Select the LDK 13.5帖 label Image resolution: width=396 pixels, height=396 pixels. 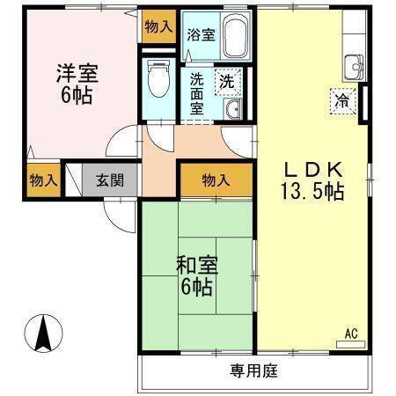tap(312, 180)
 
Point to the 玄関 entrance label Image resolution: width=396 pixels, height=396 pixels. tap(110, 181)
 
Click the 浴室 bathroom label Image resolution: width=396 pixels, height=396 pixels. tap(201, 36)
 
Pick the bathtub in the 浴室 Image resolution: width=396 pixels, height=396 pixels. tap(234, 38)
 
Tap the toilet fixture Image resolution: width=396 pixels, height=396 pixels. tap(158, 79)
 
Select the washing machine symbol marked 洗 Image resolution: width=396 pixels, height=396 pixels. tap(227, 80)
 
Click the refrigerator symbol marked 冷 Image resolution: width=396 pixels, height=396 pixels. tap(341, 100)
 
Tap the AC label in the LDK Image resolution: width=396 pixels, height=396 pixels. tap(350, 333)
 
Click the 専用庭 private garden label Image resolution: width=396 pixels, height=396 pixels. tap(254, 371)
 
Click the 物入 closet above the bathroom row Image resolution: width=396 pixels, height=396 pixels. tap(158, 27)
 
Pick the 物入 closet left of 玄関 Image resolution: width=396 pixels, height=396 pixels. tap(43, 181)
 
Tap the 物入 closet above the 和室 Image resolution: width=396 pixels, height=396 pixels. tap(216, 180)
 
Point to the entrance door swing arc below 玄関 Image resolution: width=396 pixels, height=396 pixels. tap(115, 212)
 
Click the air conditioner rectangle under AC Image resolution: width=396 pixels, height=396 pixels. tap(350, 342)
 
